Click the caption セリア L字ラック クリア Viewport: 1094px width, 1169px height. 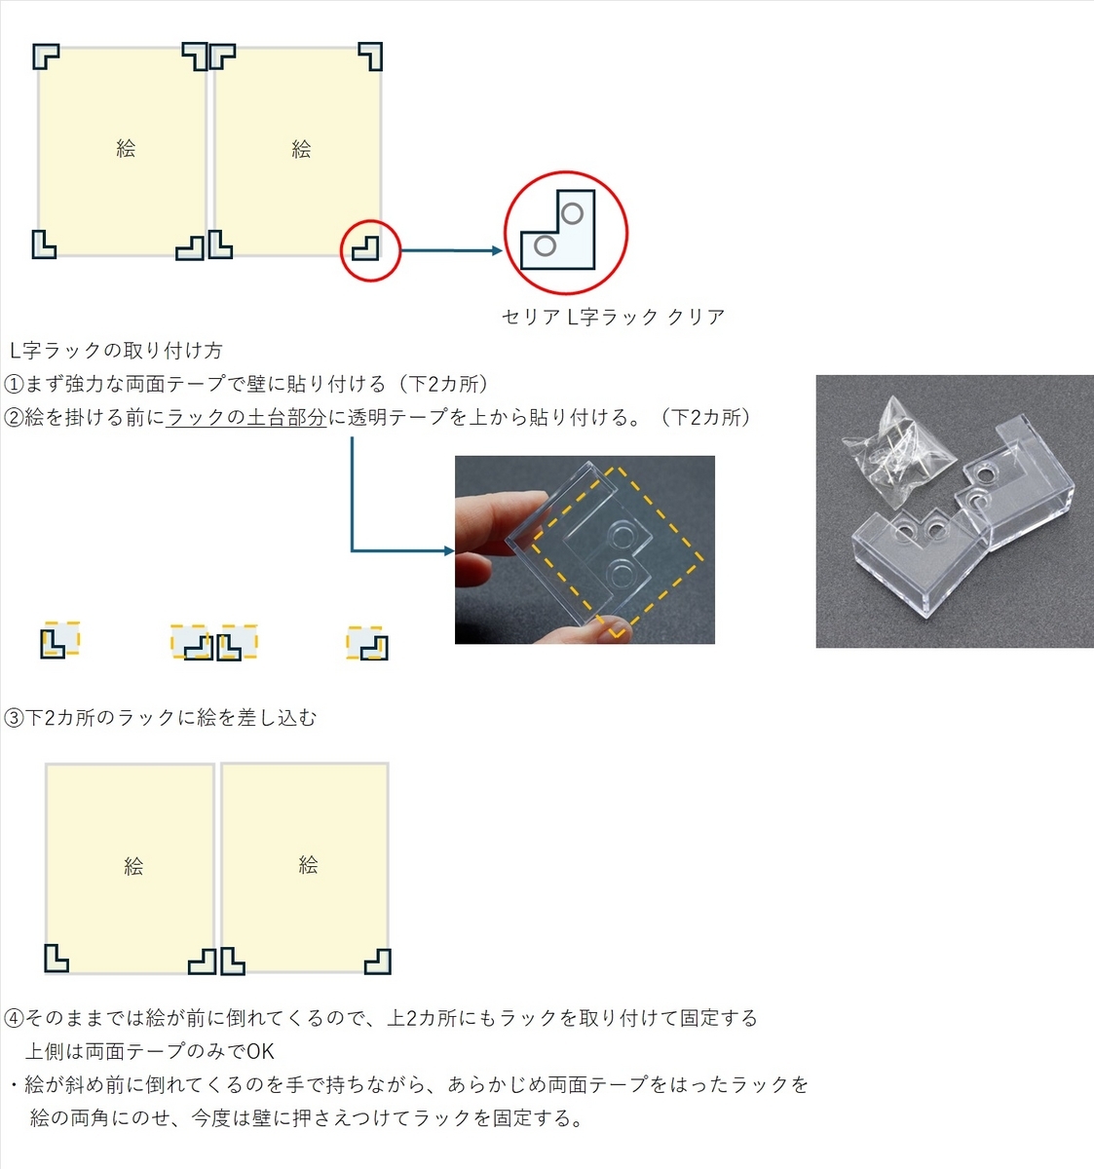(x=613, y=317)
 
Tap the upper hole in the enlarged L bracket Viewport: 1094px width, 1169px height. (x=572, y=213)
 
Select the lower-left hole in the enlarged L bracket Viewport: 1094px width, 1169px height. (x=546, y=245)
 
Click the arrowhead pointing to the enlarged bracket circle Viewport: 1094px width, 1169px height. (x=497, y=250)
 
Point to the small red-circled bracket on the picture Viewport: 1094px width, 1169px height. (x=365, y=248)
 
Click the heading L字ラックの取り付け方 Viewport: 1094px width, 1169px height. (x=116, y=351)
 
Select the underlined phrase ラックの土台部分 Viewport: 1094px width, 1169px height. (x=246, y=417)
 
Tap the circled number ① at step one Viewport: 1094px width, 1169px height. (x=13, y=385)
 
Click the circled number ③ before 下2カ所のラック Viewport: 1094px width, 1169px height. (x=13, y=718)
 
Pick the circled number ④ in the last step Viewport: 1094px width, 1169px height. (x=13, y=1018)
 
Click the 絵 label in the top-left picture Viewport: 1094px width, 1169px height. (x=126, y=148)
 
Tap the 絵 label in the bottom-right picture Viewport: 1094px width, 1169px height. (x=309, y=865)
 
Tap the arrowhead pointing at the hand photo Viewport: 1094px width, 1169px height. (x=449, y=551)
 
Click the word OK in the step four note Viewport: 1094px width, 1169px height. (x=260, y=1052)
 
